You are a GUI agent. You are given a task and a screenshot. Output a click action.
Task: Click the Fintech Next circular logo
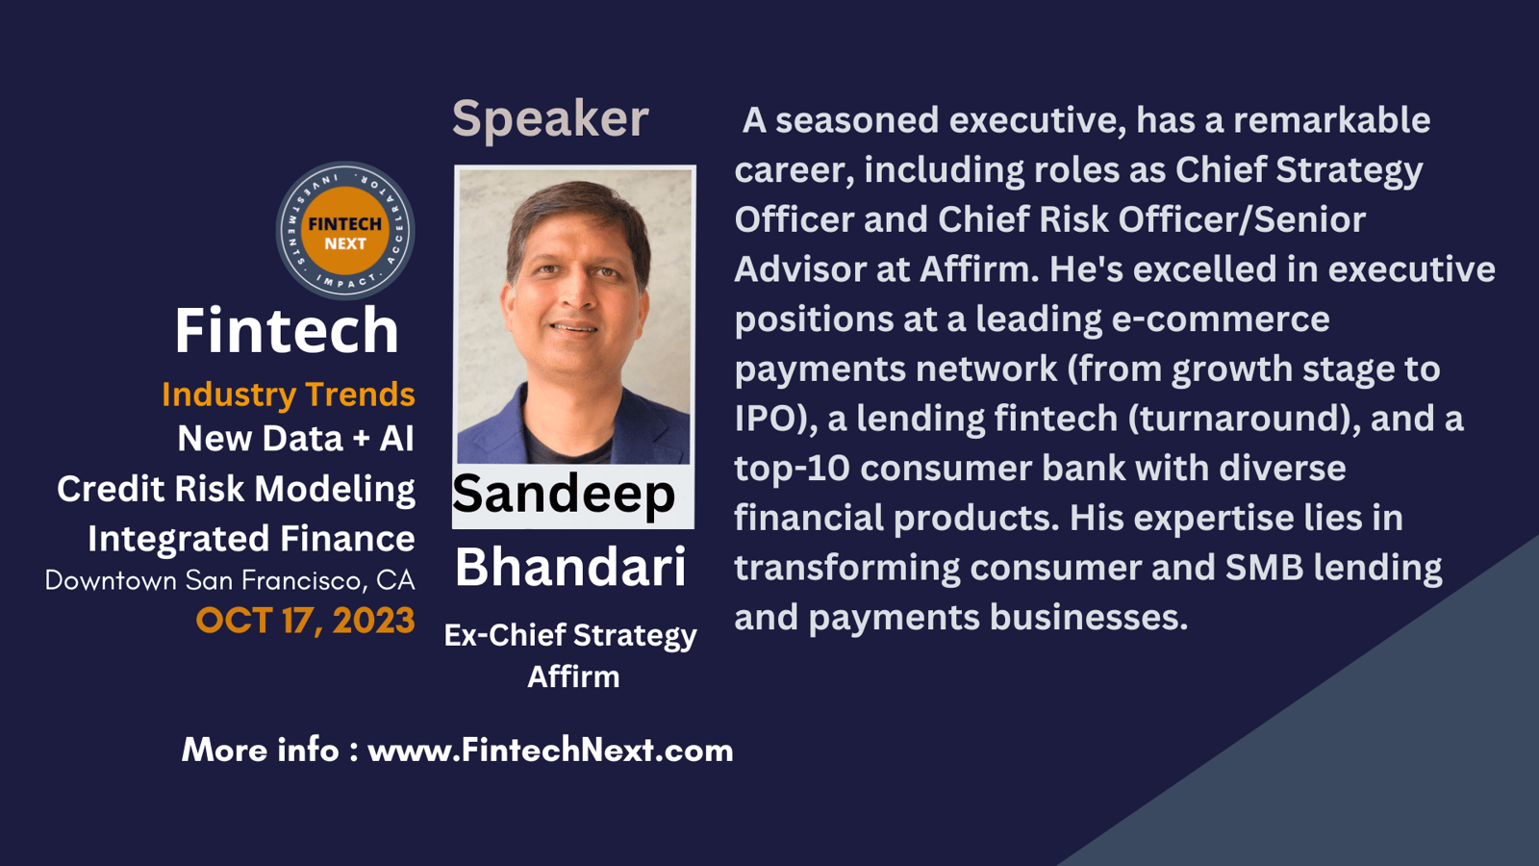pos(345,231)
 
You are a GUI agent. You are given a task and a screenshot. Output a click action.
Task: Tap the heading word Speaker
pos(550,119)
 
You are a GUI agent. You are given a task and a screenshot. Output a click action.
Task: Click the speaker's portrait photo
pos(573,317)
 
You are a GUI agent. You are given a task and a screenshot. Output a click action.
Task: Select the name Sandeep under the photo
pos(564,495)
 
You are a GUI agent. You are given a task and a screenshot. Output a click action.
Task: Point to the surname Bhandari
pos(571,568)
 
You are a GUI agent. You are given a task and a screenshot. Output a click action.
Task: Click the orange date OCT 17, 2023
pos(306,621)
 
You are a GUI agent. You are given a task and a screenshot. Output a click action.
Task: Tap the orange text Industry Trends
pos(289,395)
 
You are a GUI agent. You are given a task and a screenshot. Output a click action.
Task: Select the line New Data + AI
pos(296,439)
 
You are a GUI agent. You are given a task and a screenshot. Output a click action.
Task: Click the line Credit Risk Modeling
pos(237,490)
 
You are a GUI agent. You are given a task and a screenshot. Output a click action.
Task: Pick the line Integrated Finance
pos(251,539)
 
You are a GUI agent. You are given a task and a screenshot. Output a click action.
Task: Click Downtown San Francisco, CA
pos(230,581)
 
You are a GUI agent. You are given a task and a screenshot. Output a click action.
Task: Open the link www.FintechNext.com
pos(551,750)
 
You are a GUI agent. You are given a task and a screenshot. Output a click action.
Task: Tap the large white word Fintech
pos(287,331)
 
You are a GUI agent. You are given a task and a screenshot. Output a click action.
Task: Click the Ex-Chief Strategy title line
pos(570,636)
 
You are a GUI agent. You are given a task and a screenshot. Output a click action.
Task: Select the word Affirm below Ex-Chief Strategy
pos(573,677)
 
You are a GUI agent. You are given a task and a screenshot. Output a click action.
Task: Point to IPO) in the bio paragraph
pos(775,419)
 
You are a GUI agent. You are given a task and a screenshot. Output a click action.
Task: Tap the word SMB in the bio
pos(1264,568)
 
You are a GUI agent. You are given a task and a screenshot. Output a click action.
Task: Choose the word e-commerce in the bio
pos(1221,319)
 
